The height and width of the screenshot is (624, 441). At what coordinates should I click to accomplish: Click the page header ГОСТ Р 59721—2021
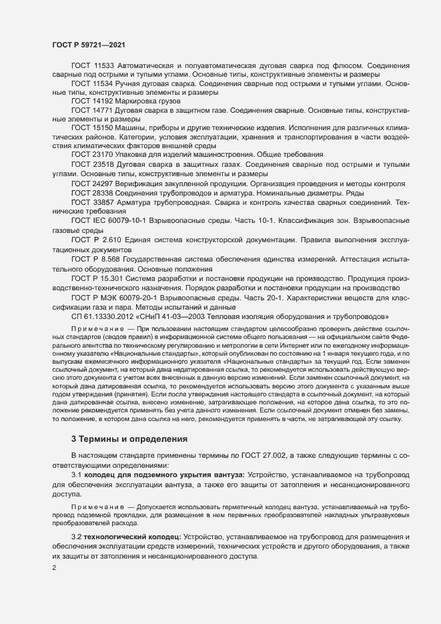(87, 45)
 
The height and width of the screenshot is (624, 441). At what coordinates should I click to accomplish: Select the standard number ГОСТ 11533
(93, 66)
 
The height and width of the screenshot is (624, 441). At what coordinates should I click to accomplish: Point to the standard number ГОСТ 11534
(93, 84)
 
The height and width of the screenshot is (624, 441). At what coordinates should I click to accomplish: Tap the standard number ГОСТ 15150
(93, 127)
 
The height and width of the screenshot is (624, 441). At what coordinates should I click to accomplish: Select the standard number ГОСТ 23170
(93, 154)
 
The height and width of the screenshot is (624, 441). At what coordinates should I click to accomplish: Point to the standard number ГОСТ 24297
(93, 183)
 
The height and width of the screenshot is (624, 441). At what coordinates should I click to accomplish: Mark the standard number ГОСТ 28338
(93, 192)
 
